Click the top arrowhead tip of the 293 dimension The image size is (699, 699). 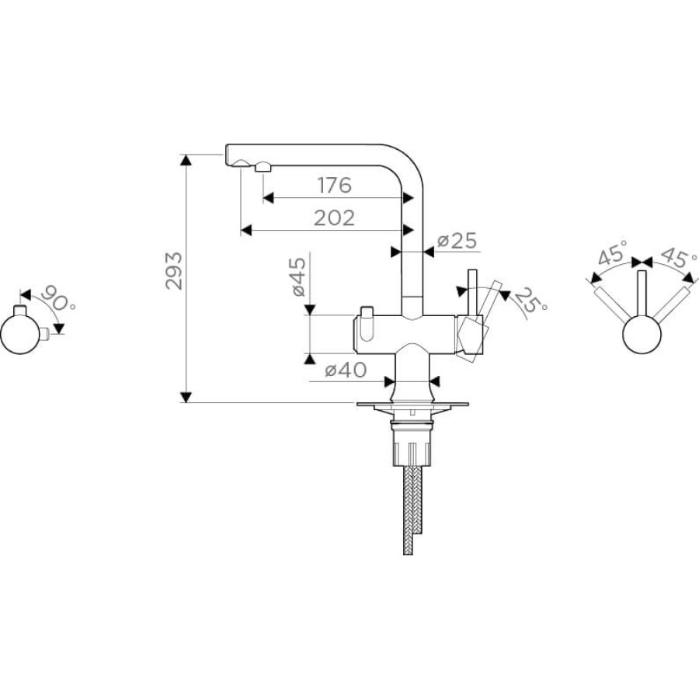(186, 155)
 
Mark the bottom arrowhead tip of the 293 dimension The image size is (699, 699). (186, 402)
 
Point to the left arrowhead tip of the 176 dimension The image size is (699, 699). (263, 197)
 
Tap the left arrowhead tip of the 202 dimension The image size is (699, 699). (241, 230)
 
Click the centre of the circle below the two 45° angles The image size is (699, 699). (642, 334)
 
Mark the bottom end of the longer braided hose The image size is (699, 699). (408, 554)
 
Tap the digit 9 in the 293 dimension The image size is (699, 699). (174, 270)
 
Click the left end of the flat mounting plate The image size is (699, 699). (356, 405)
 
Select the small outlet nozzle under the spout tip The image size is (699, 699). (263, 167)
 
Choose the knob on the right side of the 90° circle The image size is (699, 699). (43, 333)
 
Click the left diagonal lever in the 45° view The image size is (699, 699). (611, 304)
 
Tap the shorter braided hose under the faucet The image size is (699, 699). (417, 499)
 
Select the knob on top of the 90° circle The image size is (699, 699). (20, 310)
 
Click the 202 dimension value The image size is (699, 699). (334, 218)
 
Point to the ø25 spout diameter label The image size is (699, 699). (457, 241)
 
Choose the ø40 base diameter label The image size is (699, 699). (346, 370)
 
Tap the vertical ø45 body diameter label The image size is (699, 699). (299, 276)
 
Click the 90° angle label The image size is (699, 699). (58, 298)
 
